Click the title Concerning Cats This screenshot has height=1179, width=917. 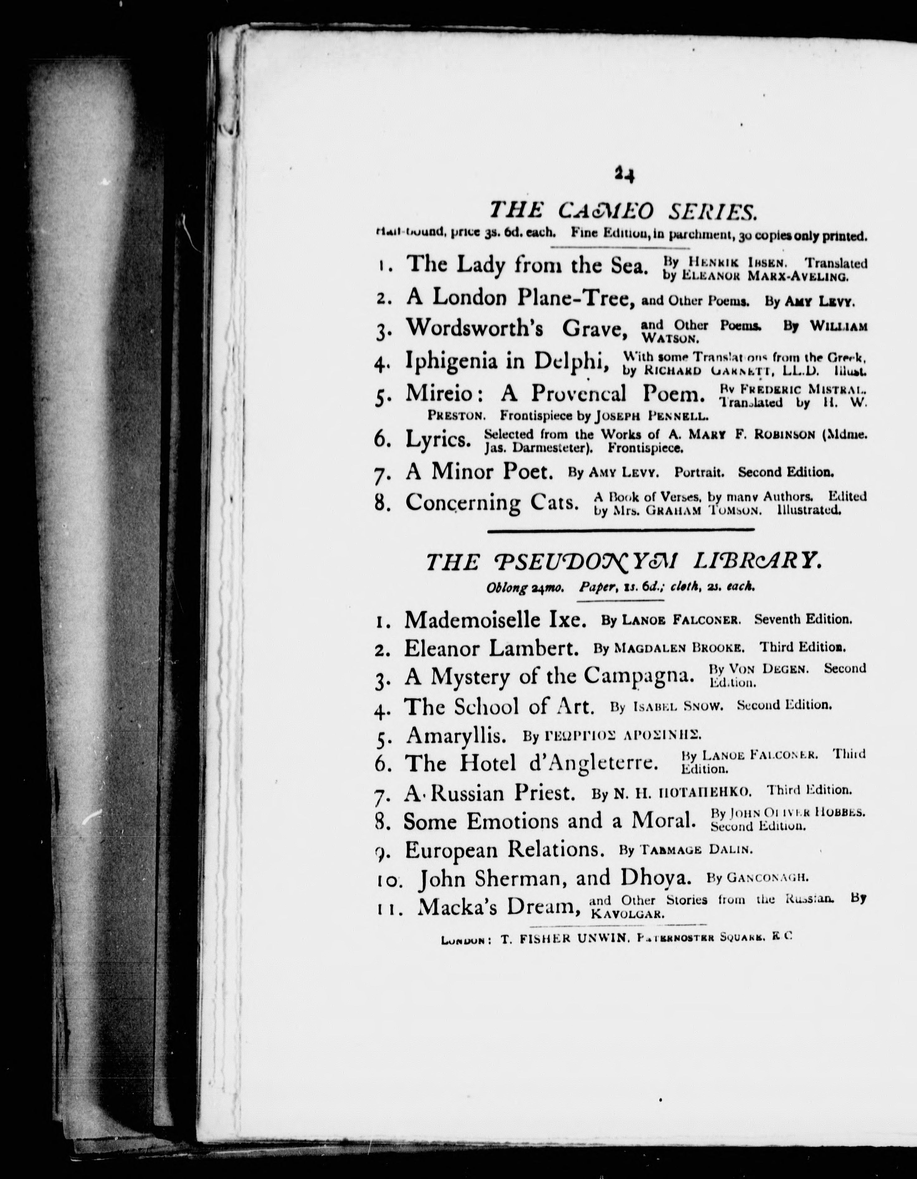tap(492, 503)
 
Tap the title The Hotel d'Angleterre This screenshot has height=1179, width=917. tap(532, 763)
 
